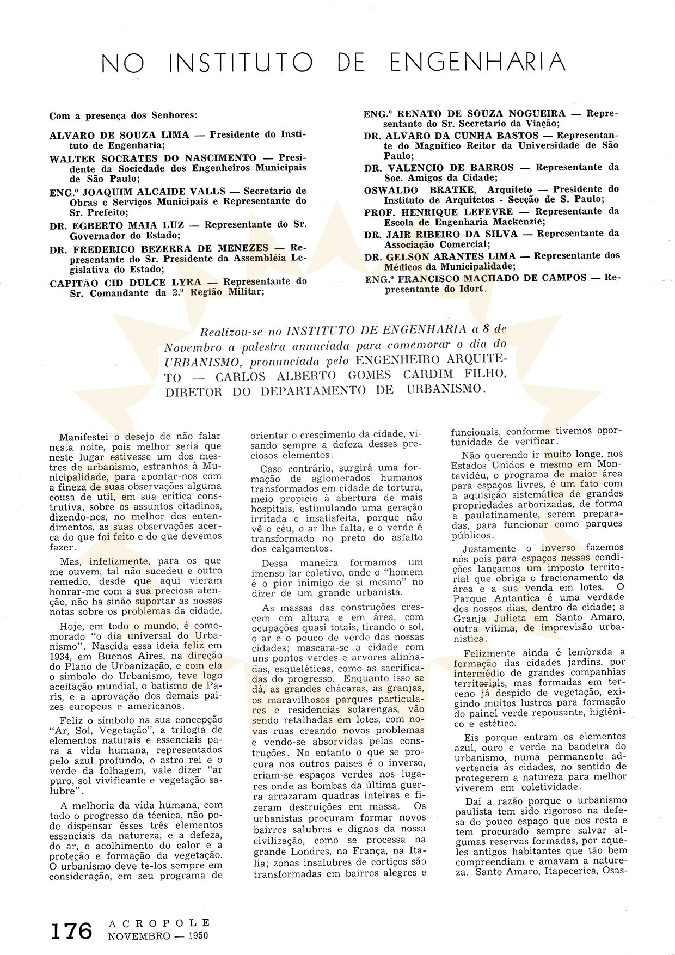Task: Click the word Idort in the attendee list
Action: tap(472, 289)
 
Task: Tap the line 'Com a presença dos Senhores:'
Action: tap(123, 115)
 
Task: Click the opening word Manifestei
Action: tap(86, 436)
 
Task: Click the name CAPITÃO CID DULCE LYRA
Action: tap(125, 282)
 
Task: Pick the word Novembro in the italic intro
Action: tap(192, 345)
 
